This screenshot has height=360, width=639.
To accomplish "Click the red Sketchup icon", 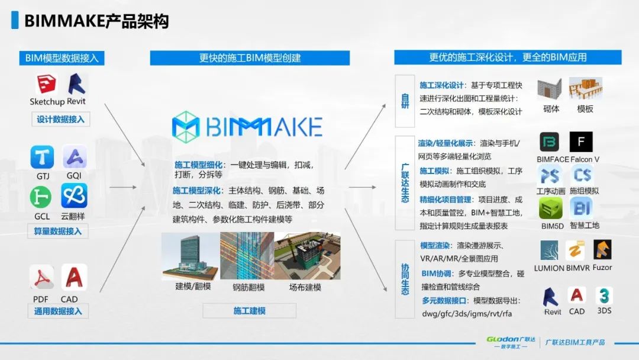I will [x=46, y=85].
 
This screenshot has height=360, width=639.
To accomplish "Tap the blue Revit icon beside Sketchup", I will [x=76, y=85].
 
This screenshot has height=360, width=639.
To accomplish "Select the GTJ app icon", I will [x=43, y=157].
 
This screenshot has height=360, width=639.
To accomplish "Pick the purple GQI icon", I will [x=75, y=157].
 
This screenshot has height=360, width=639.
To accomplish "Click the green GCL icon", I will [x=43, y=196].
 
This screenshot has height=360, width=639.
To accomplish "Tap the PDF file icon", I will [x=42, y=277].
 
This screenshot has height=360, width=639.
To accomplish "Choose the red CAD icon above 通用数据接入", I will [x=74, y=277].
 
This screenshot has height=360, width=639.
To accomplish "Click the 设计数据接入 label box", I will [x=60, y=119].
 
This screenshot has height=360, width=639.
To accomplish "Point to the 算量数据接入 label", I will [x=58, y=231].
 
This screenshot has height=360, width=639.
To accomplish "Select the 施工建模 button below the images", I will [x=249, y=311].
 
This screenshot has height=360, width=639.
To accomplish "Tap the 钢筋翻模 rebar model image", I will [x=247, y=256].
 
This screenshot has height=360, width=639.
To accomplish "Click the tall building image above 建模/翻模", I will [x=191, y=256].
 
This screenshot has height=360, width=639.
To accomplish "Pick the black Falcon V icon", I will [x=581, y=143].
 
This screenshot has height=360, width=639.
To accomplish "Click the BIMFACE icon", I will [x=550, y=143].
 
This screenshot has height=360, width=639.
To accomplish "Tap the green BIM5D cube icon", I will [x=550, y=208].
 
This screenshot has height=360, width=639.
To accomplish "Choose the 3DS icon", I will [x=603, y=295].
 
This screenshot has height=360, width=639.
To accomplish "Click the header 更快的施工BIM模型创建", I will [x=250, y=58].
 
